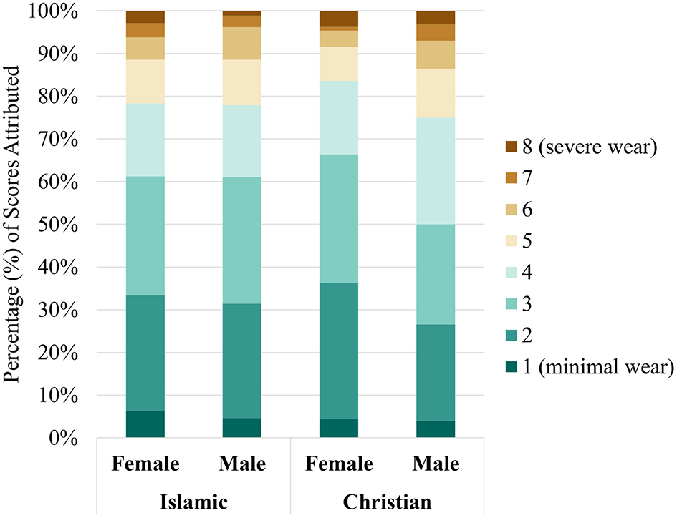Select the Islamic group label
tap(193, 502)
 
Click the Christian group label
tap(388, 502)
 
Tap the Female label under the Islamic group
tap(145, 464)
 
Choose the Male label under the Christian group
tap(436, 464)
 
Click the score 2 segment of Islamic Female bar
tap(145, 353)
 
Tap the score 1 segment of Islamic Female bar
tap(145, 424)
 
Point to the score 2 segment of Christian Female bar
tap(339, 351)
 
